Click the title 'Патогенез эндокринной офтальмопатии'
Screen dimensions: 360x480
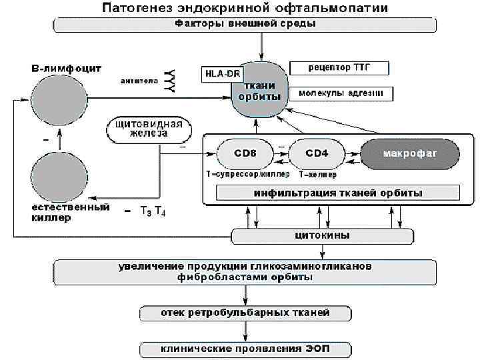click(x=245, y=9)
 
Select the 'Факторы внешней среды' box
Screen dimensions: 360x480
click(x=245, y=25)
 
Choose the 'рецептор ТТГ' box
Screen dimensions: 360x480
click(x=339, y=69)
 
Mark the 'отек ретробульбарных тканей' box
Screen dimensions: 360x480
click(x=245, y=313)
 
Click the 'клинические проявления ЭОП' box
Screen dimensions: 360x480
click(x=245, y=348)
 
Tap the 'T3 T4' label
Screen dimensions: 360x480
click(x=153, y=212)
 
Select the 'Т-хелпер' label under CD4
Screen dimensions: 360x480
click(x=318, y=174)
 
